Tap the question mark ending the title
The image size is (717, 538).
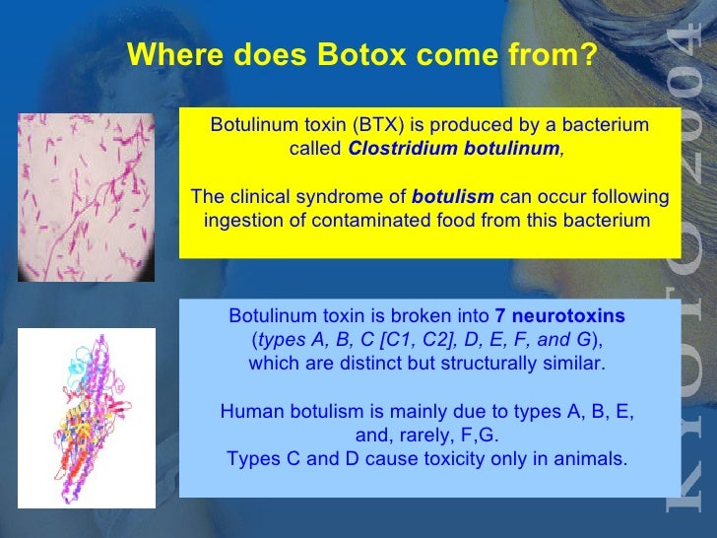tap(589, 56)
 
